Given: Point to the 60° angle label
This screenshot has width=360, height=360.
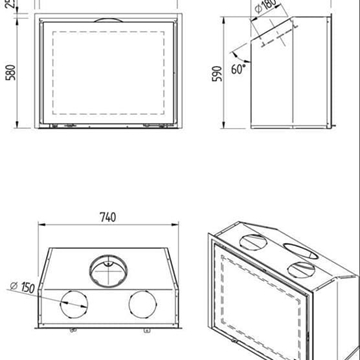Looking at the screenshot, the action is (239, 72).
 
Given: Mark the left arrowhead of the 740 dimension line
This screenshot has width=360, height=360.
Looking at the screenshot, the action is (41, 226).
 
